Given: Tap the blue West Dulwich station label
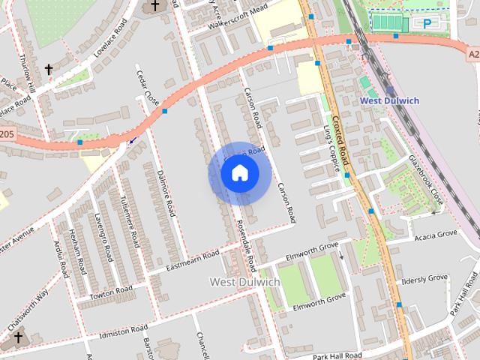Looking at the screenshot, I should pos(389,100).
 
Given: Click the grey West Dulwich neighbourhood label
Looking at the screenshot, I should pos(244,282).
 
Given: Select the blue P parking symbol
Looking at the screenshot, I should pos(427,24).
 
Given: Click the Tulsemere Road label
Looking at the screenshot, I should pos(130,222).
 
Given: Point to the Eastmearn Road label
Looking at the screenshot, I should pos(192,259).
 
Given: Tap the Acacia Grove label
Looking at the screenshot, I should pos(435,235).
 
